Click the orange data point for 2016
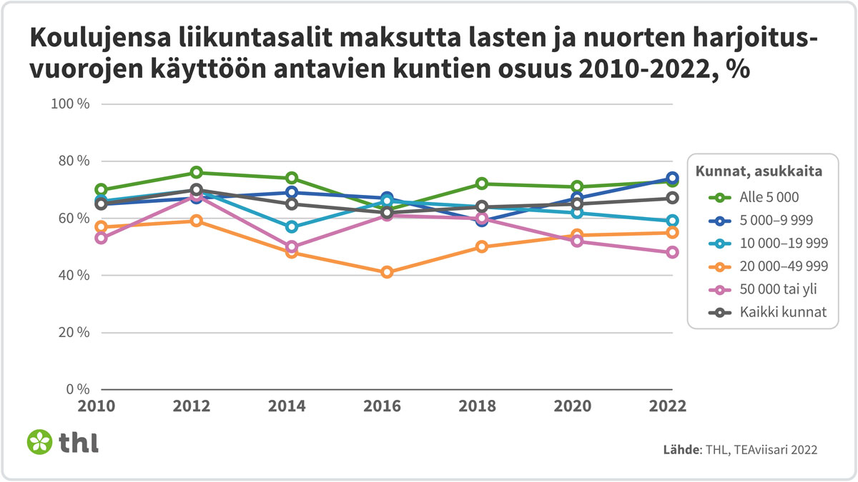pyautogui.click(x=387, y=272)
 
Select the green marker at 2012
pyautogui.click(x=197, y=172)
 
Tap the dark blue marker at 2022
pyautogui.click(x=672, y=178)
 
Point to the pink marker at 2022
pyautogui.click(x=672, y=252)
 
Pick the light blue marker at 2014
pyautogui.click(x=292, y=226)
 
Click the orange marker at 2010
pyautogui.click(x=102, y=226)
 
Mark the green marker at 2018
pyautogui.click(x=482, y=184)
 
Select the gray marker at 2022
pyautogui.click(x=672, y=198)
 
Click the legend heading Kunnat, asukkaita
pyautogui.click(x=757, y=171)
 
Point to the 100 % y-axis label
pyautogui.click(x=70, y=104)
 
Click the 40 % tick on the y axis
pyautogui.click(x=73, y=275)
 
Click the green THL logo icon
pyautogui.click(x=40, y=441)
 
